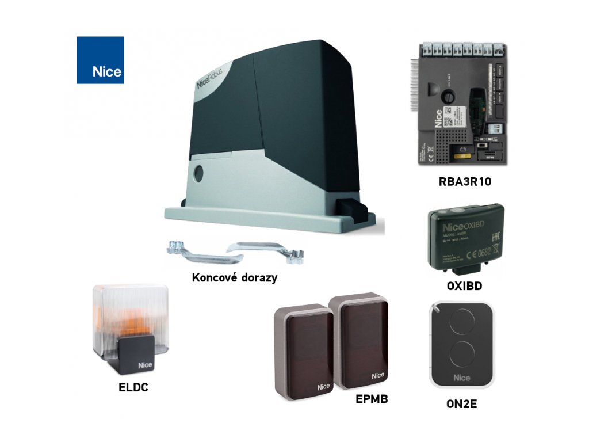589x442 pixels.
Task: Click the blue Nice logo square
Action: click(x=100, y=60)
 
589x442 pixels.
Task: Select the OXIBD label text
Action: click(x=464, y=285)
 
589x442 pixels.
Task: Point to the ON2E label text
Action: click(x=461, y=403)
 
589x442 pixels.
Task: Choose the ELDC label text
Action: click(x=133, y=387)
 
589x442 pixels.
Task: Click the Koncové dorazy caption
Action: click(x=234, y=277)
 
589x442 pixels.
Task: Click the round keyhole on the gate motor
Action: click(x=200, y=172)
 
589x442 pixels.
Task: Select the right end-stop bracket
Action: click(x=265, y=250)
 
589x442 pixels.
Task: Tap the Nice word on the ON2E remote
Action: click(x=461, y=378)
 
